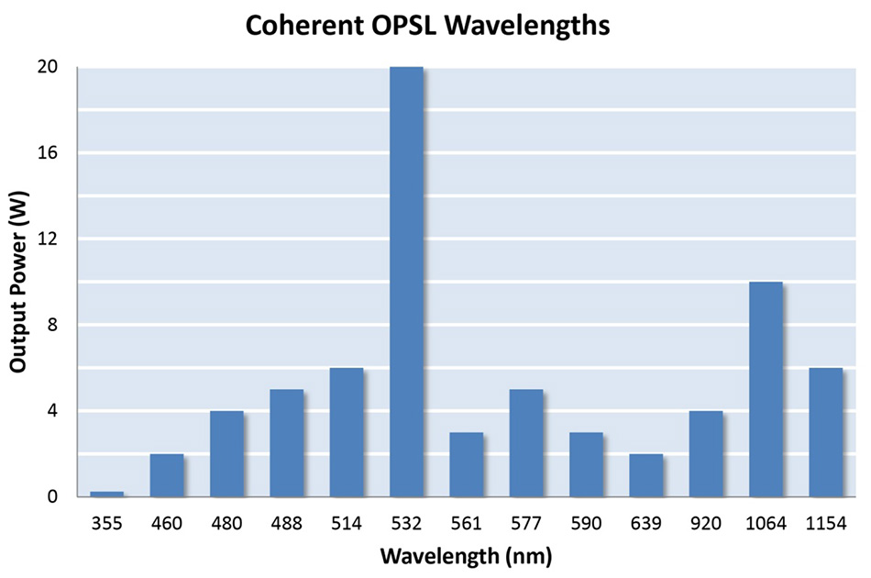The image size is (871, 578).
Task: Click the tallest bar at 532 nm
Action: coord(406,282)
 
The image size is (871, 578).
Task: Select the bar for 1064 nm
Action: coord(766,389)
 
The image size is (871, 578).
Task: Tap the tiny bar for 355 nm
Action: coord(106,494)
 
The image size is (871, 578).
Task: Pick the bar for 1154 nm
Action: coord(825,432)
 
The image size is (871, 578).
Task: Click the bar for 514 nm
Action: coord(347,432)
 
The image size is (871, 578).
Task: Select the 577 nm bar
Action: coord(526,443)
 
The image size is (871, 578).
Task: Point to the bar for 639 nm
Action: coord(645,475)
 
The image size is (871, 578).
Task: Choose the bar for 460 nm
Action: coord(167,475)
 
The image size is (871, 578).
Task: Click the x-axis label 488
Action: coord(286,524)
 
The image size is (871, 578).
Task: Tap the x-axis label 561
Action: coord(466,524)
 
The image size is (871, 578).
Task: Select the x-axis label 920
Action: coord(706,524)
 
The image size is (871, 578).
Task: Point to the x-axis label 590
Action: coord(586,524)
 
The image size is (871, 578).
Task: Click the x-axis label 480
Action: coord(226,524)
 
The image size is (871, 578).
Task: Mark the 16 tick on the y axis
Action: coord(48,153)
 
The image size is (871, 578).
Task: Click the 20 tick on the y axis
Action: coord(48,67)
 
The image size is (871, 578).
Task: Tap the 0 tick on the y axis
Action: coord(52,497)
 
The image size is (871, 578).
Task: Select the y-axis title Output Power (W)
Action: coord(17,282)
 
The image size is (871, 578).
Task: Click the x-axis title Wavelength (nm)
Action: coord(466,556)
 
